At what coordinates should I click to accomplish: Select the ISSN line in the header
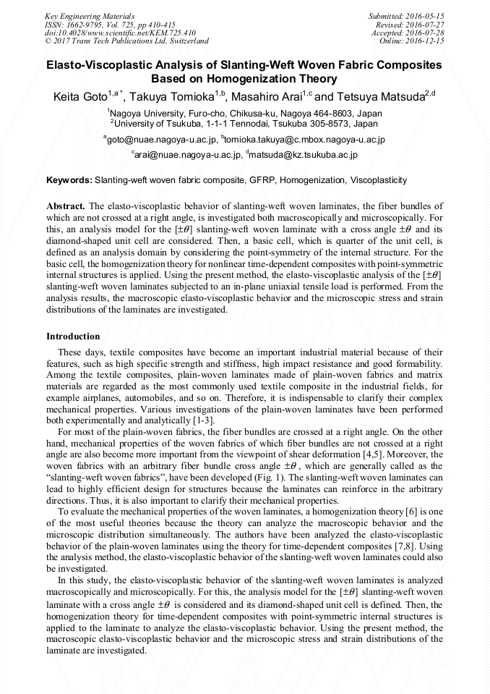(x=109, y=24)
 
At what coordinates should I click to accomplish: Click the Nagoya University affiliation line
(x=245, y=113)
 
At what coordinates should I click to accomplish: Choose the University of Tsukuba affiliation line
(x=245, y=123)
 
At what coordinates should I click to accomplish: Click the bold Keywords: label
(x=69, y=179)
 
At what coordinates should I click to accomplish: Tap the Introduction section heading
(x=73, y=336)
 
